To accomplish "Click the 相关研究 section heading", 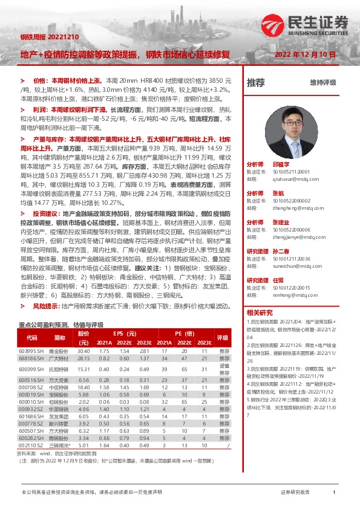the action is pyautogui.click(x=260, y=313).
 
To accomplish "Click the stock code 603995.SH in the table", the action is pyautogui.click(x=31, y=351).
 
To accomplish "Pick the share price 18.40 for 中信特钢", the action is pyautogui.click(x=83, y=387).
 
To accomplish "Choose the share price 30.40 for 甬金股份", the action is pyautogui.click(x=83, y=351).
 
